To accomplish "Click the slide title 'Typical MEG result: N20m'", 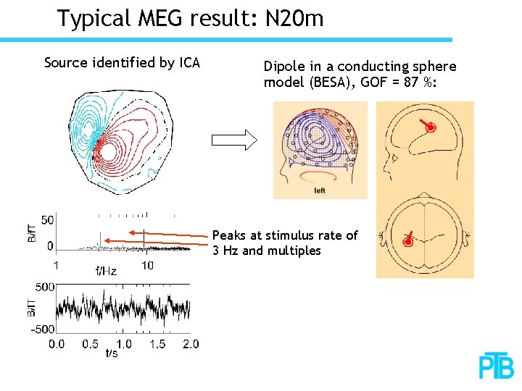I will (x=190, y=18).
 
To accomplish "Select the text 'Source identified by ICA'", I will (x=122, y=63).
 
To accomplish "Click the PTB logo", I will (x=497, y=366).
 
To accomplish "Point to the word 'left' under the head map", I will (x=320, y=191).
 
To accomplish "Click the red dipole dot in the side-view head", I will (x=430, y=128).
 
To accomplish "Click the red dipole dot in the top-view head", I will (x=407, y=241).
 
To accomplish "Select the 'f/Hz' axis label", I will (x=106, y=272).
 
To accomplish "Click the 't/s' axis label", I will (x=112, y=353).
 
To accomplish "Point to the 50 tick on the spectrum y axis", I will (x=46, y=220).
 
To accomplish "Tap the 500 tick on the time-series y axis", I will (x=45, y=287).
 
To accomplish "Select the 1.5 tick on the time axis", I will (x=157, y=344).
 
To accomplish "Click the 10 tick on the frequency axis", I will (x=146, y=266).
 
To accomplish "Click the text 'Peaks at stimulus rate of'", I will (x=285, y=235).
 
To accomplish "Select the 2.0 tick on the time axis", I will (x=190, y=344).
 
